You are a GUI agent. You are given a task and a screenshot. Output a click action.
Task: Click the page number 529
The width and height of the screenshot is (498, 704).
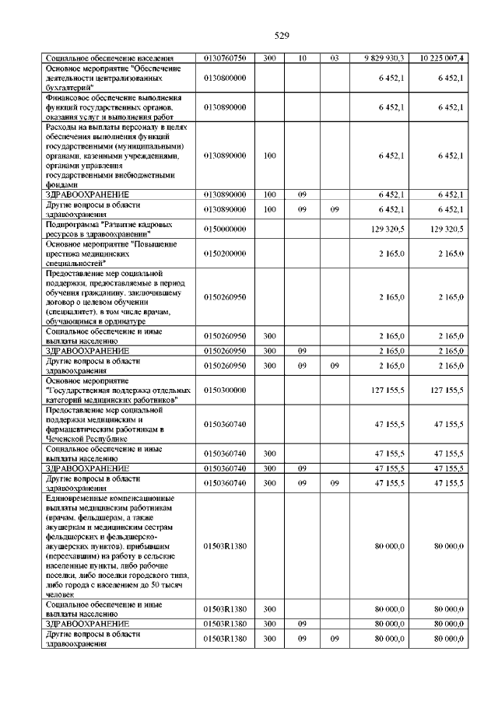point(282,35)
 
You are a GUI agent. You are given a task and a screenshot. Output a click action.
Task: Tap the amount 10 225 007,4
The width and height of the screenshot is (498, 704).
point(441,58)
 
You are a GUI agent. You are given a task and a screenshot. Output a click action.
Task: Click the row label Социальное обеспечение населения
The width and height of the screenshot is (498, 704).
point(109,58)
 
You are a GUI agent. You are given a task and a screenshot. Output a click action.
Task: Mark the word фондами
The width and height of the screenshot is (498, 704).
point(62,185)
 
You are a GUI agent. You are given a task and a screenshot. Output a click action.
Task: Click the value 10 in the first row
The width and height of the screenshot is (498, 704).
point(302,58)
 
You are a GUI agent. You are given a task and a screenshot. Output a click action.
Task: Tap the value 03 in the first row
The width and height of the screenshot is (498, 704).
point(335,58)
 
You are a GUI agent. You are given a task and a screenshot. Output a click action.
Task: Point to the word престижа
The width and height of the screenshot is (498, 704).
point(65,254)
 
